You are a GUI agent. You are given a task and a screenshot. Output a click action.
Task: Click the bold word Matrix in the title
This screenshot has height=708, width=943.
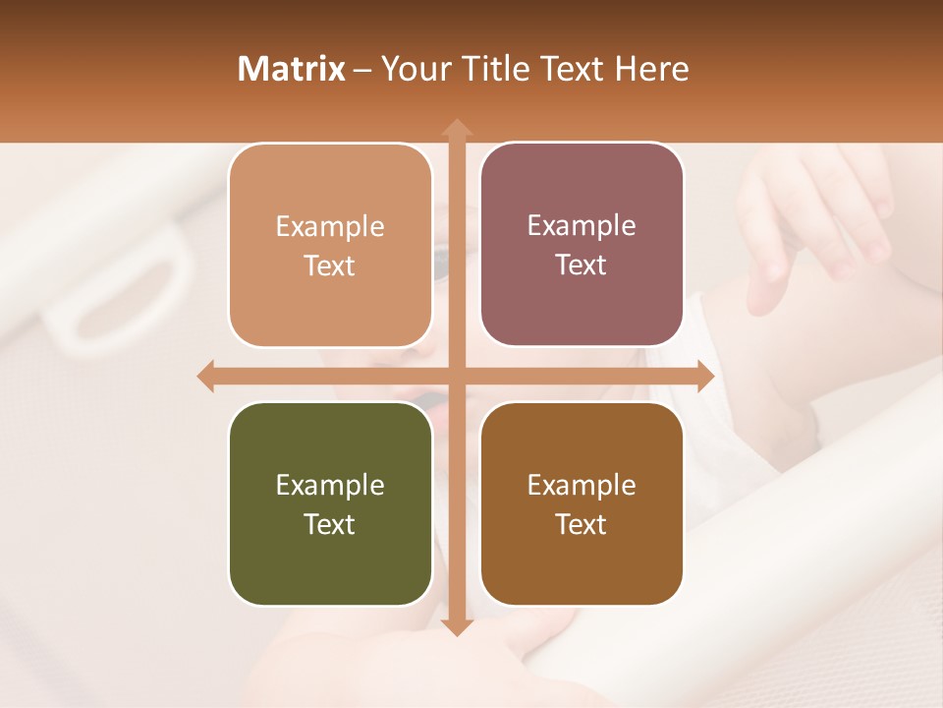pyautogui.click(x=292, y=69)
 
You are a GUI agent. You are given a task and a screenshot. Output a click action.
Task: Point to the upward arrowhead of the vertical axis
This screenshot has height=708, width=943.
pyautogui.click(x=456, y=127)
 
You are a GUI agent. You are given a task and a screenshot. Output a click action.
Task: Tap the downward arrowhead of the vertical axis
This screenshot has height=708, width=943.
pyautogui.click(x=456, y=627)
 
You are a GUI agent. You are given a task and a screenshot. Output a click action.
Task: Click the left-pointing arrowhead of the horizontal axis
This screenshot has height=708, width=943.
pyautogui.click(x=205, y=377)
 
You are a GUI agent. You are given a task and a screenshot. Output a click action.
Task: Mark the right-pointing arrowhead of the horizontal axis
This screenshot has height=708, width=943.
pyautogui.click(x=706, y=377)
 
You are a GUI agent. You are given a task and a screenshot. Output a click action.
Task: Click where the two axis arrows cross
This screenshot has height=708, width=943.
pyautogui.click(x=456, y=377)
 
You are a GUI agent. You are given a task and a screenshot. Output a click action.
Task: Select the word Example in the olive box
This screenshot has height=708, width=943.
pyautogui.click(x=330, y=485)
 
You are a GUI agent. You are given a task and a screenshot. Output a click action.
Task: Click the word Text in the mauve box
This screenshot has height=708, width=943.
pyautogui.click(x=582, y=265)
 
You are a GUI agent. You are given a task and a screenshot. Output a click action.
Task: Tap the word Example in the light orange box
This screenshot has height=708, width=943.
pyautogui.click(x=330, y=226)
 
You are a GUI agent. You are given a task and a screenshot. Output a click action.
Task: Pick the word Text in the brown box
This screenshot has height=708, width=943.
pyautogui.click(x=582, y=524)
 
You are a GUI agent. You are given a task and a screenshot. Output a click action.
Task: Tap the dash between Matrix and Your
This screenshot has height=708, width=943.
pyautogui.click(x=362, y=70)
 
